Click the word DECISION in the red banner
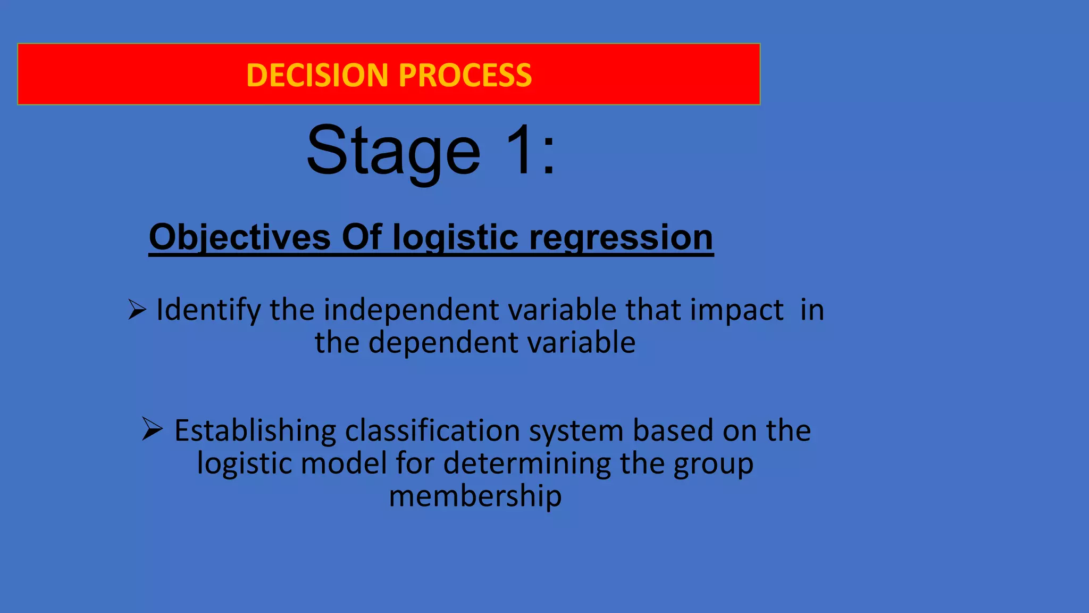(x=318, y=75)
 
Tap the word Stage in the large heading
(x=393, y=151)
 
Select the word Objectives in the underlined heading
(x=240, y=237)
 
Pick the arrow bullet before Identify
(x=137, y=309)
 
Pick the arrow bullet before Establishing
(x=152, y=429)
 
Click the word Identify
(x=208, y=310)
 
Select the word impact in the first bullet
(x=736, y=310)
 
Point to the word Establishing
(x=255, y=430)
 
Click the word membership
(x=475, y=496)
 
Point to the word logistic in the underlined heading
(x=455, y=237)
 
